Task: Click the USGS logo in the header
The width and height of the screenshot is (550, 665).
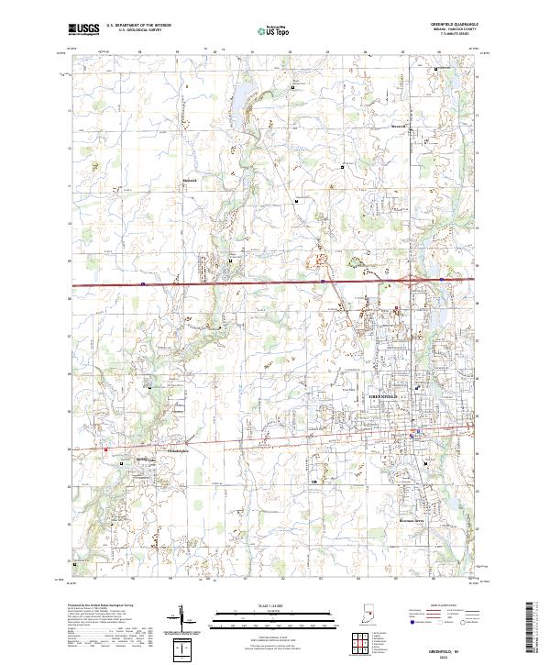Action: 83,30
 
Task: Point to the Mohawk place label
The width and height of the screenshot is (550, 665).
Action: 190,180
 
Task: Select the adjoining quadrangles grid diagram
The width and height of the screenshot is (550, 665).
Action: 357,643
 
